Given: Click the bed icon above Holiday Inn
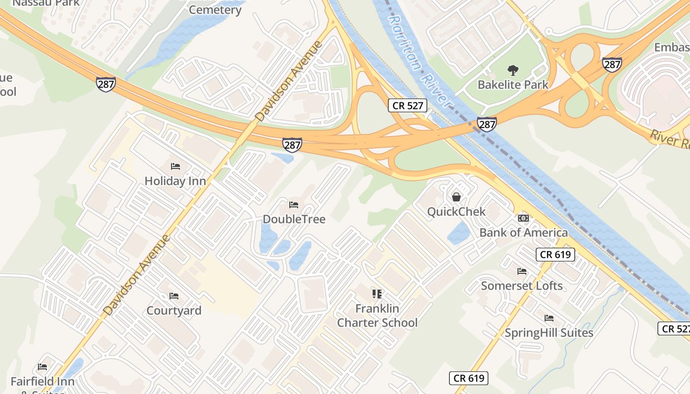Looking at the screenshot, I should tap(175, 166).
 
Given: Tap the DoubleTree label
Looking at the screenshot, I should tap(294, 219).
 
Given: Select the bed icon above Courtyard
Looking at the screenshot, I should tap(174, 296).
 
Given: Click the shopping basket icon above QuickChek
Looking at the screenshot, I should tap(456, 197).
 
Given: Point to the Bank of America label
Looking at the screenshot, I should tap(523, 232).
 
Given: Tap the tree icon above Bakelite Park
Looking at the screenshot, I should tap(513, 70).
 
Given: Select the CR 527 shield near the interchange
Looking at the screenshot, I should tap(407, 105).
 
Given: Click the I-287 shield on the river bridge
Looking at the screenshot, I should tap(486, 124).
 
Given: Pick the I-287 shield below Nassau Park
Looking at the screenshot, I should tap(106, 84).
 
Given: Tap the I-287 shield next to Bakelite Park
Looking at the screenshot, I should tap(612, 64).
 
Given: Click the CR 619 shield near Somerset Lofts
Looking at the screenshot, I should tap(555, 255).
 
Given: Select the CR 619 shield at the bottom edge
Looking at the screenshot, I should tap(469, 378).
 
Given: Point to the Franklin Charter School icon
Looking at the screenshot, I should tap(377, 294).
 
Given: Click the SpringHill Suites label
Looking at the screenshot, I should tap(549, 333).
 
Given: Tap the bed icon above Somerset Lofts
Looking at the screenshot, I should tap(522, 271).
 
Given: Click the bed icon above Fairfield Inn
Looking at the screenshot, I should tap(42, 367).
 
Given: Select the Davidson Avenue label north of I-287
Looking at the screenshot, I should tap(289, 81).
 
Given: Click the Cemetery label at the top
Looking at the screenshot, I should tap(215, 10).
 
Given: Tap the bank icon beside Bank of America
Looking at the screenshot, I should tap(523, 218).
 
